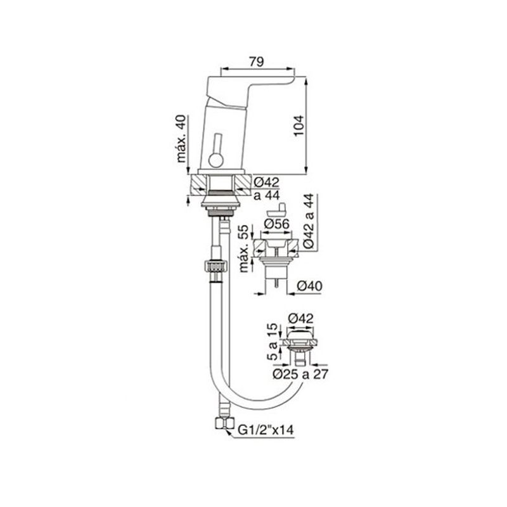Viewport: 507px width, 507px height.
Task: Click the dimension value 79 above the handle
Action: (257, 61)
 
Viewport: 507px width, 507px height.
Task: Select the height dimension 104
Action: (299, 125)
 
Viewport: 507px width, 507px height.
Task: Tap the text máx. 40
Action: (181, 138)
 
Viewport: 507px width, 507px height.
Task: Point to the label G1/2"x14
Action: (266, 430)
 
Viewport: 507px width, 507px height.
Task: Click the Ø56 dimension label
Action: (276, 224)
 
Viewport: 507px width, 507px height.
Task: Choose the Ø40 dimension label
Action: (309, 286)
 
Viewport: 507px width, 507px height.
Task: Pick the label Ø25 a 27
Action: (300, 374)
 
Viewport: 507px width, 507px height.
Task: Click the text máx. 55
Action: (245, 248)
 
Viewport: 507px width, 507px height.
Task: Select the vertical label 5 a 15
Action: (273, 342)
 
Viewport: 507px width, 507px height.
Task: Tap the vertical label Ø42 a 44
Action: (309, 221)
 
